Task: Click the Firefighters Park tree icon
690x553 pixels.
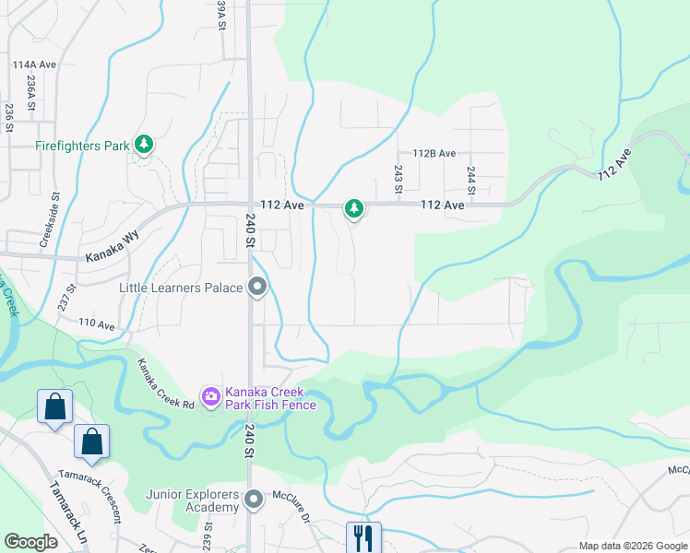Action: [x=143, y=144]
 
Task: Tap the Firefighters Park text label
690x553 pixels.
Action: [x=82, y=146]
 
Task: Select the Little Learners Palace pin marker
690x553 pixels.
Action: [x=258, y=288]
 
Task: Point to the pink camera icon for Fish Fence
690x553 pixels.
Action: [x=211, y=397]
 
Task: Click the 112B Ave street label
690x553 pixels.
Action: [x=434, y=154]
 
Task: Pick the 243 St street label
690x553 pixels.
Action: [x=399, y=179]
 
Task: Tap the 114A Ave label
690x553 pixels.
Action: [x=35, y=65]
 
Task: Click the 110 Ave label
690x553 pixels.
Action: [x=96, y=324]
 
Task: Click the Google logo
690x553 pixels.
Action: [x=31, y=542]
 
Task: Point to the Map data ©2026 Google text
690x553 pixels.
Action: [x=632, y=546]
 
